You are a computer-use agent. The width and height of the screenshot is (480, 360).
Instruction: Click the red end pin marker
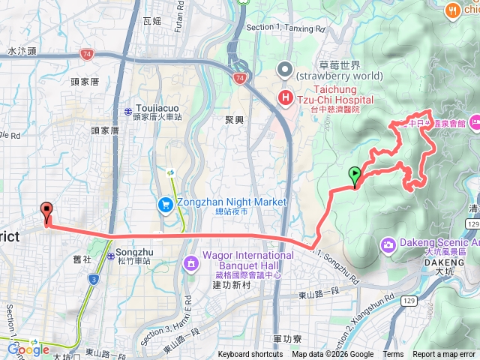pyautogui.click(x=47, y=211)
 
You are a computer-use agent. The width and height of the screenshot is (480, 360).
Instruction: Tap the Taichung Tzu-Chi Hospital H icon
pyautogui.click(x=286, y=97)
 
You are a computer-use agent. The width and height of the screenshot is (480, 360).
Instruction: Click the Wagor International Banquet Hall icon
pyautogui.click(x=191, y=262)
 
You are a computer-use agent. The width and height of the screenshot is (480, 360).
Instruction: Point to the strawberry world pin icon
pyautogui.click(x=285, y=70)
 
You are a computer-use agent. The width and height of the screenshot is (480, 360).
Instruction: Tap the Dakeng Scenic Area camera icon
pyautogui.click(x=388, y=244)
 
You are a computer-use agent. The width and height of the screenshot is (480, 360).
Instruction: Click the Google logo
pyautogui.click(x=28, y=349)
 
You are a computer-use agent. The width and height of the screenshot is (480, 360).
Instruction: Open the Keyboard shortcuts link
pyautogui.click(x=250, y=355)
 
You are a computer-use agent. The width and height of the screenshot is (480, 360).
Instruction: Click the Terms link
pyautogui.click(x=393, y=355)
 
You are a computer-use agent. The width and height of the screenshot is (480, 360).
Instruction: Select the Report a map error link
pyautogui.click(x=445, y=355)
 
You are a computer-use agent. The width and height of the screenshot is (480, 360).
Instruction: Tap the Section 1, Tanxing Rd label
pyautogui.click(x=286, y=29)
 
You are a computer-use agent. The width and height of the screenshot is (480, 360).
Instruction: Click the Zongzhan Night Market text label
pyautogui.click(x=232, y=202)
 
